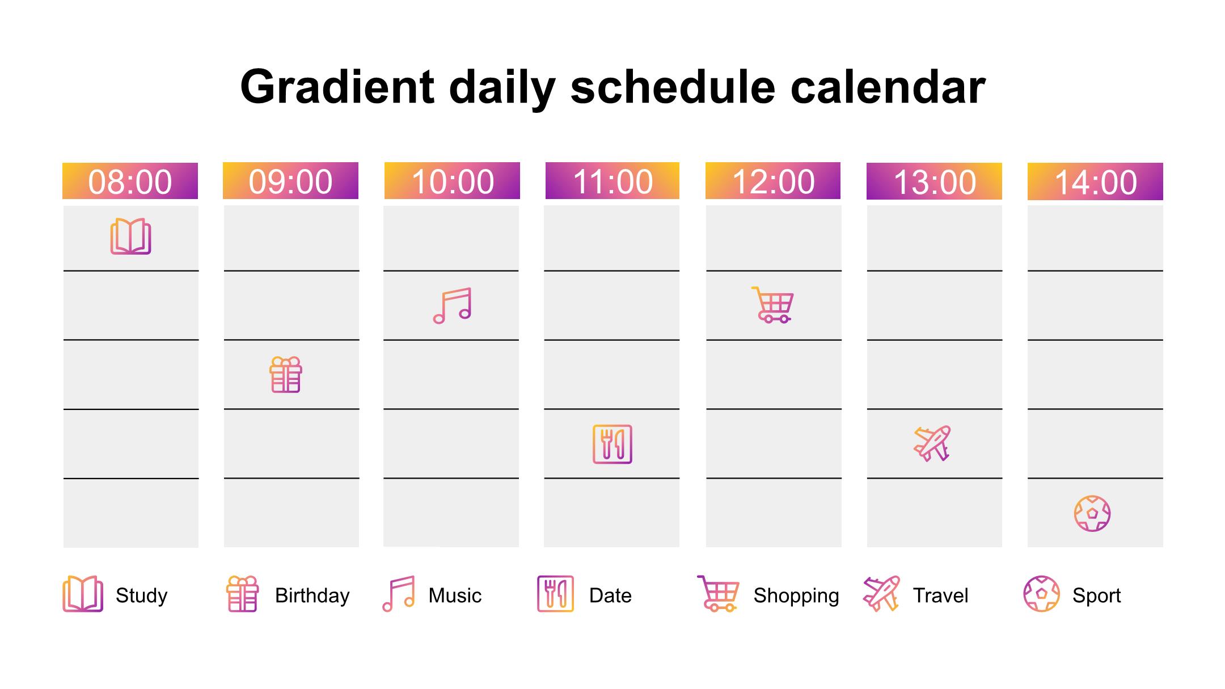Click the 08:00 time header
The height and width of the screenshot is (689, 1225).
point(130,181)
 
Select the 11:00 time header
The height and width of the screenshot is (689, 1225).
point(612,181)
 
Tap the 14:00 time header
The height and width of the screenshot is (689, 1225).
point(1095,181)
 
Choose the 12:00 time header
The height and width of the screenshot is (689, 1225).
point(773,181)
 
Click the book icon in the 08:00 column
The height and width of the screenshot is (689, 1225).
point(130,236)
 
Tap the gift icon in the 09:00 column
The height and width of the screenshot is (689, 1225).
point(286,374)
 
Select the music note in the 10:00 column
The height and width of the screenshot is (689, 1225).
point(452,306)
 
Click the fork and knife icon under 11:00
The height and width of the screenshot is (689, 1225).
point(612,444)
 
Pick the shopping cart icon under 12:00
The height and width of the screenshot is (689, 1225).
point(772,305)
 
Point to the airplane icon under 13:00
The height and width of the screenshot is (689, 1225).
point(932,443)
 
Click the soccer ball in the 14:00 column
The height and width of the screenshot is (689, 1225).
point(1092,514)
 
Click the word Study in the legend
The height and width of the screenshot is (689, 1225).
point(142,595)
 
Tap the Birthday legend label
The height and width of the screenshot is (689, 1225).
point(312,595)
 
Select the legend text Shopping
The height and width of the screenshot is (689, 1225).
point(796,595)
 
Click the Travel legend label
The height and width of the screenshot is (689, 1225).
point(941,595)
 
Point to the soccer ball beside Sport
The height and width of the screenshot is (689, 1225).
point(1042,594)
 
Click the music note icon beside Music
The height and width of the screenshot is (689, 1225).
point(399,594)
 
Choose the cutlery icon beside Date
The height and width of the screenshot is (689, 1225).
point(556,594)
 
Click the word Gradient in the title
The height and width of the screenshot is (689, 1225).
point(337,87)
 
